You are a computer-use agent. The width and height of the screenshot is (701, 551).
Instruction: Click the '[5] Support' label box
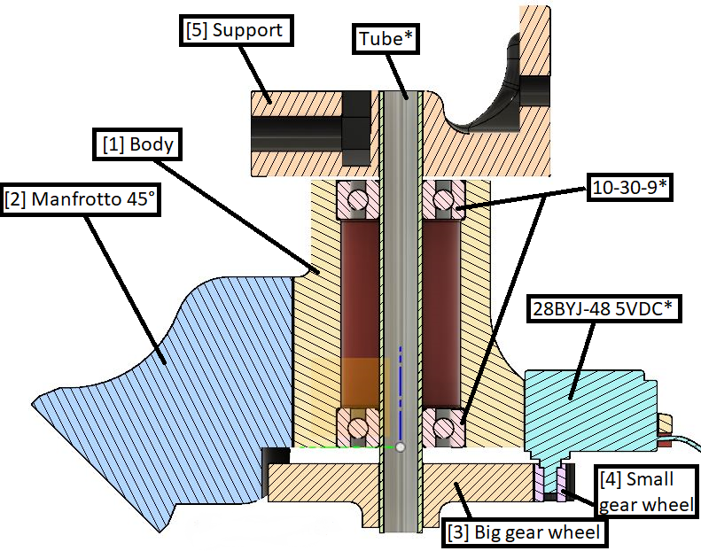click(x=235, y=31)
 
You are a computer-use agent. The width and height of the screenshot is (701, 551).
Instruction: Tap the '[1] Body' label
click(x=136, y=144)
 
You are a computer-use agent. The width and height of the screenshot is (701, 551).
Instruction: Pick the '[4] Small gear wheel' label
click(x=644, y=493)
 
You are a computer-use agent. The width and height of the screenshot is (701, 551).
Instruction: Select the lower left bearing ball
click(x=357, y=429)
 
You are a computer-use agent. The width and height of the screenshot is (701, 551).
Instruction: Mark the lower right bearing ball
click(x=444, y=429)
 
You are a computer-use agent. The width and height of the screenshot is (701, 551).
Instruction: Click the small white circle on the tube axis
click(x=400, y=447)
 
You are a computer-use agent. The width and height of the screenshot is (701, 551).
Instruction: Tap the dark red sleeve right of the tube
click(x=443, y=310)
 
